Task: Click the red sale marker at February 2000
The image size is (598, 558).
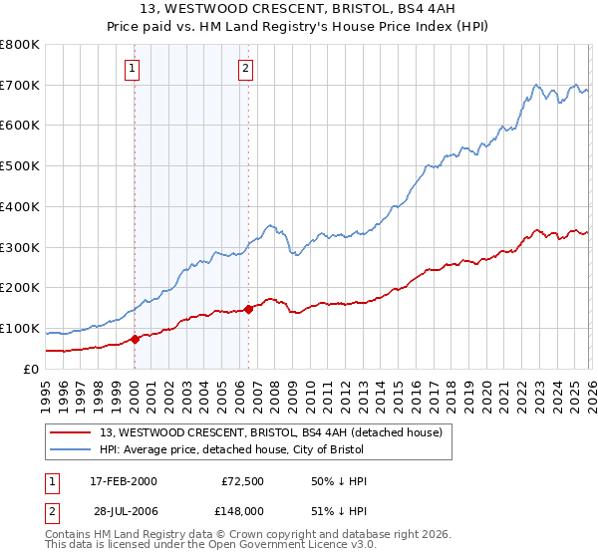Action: click(x=135, y=339)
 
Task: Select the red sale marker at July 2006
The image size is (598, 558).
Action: click(x=248, y=309)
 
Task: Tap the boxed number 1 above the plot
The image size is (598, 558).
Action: click(x=133, y=69)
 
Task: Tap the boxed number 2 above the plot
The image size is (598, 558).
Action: click(x=245, y=69)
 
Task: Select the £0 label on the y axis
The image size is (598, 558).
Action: click(x=32, y=369)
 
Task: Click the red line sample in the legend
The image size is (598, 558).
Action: click(x=72, y=432)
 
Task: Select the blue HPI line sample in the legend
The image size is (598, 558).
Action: click(x=72, y=450)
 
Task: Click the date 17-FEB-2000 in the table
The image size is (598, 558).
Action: click(x=124, y=481)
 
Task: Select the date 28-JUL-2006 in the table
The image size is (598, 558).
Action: click(x=124, y=511)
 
